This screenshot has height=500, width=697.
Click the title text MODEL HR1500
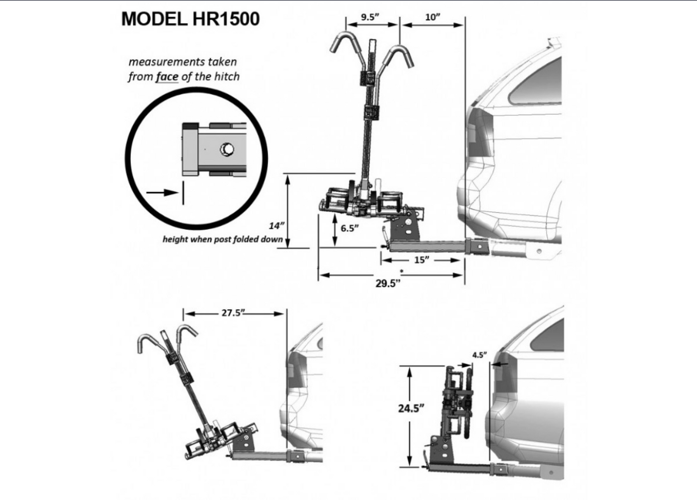click(190, 19)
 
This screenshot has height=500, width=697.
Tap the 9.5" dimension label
click(370, 17)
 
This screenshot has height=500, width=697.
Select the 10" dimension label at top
click(433, 17)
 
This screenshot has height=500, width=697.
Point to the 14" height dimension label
click(276, 225)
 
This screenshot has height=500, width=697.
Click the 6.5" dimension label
click(350, 228)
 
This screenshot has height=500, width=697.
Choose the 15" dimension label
click(421, 260)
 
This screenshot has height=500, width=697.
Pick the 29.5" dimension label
click(388, 283)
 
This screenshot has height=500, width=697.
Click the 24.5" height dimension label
click(411, 408)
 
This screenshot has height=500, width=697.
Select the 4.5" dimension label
click(479, 355)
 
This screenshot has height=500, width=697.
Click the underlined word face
click(167, 77)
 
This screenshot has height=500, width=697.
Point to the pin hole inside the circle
click(226, 150)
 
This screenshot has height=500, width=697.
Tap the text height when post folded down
click(222, 239)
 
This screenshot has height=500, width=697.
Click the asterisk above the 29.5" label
click(401, 272)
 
